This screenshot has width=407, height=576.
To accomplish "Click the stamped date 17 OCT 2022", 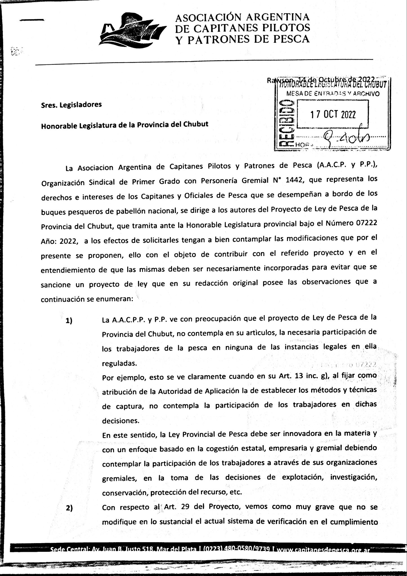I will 333,114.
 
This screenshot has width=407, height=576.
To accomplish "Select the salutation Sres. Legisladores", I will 71,105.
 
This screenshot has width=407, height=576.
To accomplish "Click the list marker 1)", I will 69,321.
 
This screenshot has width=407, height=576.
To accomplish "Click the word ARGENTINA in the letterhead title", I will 278,17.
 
